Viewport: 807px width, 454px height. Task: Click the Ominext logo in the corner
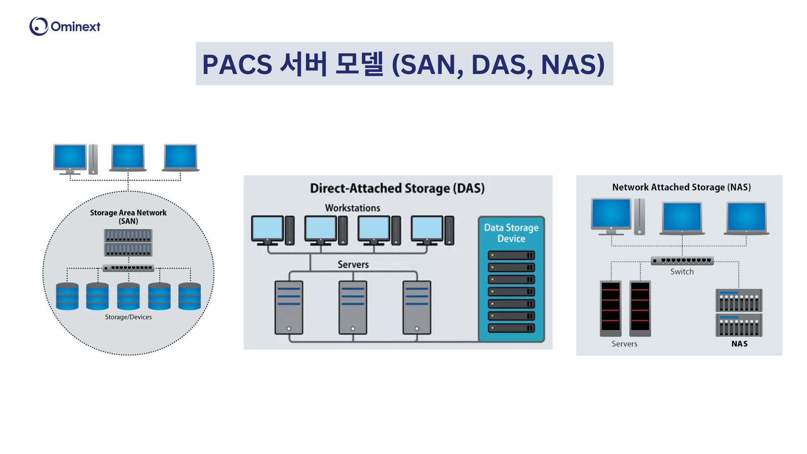[x=65, y=26]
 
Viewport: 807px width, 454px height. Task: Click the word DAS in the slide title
[x=498, y=65]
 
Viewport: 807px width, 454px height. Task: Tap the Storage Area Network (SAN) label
[x=128, y=216]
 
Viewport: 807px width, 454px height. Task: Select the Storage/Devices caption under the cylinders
[x=128, y=317]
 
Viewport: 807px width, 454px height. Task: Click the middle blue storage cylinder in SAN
[x=128, y=296]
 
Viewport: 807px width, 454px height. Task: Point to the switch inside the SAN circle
[x=128, y=268]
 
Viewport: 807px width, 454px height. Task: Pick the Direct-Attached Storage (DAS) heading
[x=397, y=188]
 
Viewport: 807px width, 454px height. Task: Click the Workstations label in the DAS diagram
[x=352, y=208]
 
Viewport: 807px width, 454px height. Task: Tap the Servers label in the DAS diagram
[x=353, y=264]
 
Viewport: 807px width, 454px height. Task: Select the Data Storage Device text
[x=511, y=233]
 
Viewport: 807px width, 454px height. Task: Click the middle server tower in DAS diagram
[x=353, y=307]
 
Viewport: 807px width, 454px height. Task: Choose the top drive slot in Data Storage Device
[x=511, y=255]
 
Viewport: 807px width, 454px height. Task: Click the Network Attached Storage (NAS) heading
[x=681, y=187]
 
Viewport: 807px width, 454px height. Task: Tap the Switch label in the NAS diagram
[x=682, y=272]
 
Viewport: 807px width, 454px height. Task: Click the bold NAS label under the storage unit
[x=739, y=344]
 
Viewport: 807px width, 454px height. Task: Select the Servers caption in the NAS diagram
[x=624, y=344]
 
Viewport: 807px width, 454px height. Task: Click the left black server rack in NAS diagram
[x=610, y=308]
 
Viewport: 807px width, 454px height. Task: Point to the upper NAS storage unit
[x=739, y=300]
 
